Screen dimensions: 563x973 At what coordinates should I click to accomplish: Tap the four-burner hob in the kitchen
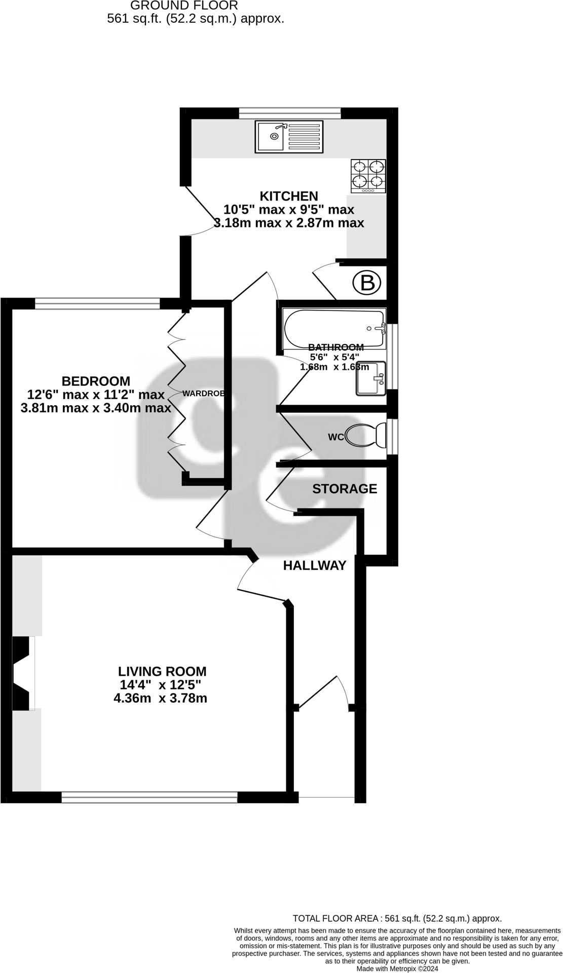(368, 176)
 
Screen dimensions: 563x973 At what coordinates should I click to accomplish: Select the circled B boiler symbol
(366, 283)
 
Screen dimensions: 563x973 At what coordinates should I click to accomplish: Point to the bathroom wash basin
(371, 378)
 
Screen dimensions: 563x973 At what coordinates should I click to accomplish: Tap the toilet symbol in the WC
(366, 435)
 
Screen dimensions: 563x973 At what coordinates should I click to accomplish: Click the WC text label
(336, 437)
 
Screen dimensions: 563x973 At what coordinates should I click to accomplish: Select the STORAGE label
(345, 489)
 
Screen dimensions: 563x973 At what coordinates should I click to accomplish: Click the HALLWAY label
(315, 565)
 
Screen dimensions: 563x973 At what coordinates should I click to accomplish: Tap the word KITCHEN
(289, 196)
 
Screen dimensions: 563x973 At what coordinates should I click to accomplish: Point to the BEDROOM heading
(96, 381)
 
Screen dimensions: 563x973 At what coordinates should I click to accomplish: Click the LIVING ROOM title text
(162, 672)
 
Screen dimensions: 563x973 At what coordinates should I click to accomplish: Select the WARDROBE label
(203, 394)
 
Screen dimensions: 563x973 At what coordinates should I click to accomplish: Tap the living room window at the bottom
(149, 797)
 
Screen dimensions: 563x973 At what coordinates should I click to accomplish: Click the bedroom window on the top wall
(97, 303)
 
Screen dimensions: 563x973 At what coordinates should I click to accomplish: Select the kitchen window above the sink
(290, 113)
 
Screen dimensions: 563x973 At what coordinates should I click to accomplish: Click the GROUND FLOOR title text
(184, 6)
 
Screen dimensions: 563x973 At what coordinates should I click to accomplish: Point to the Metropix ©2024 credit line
(397, 968)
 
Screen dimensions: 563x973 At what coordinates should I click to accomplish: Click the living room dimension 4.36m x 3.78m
(161, 698)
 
